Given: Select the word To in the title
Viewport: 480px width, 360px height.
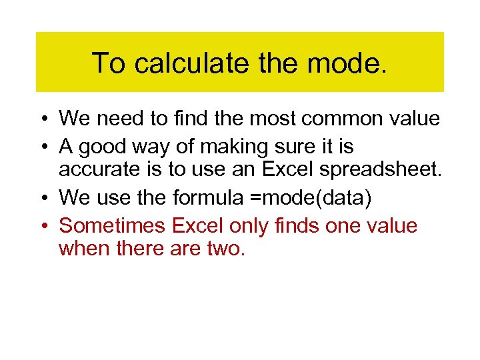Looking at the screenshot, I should pos(107,63).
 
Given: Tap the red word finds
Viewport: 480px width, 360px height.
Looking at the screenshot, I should pos(297,226).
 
